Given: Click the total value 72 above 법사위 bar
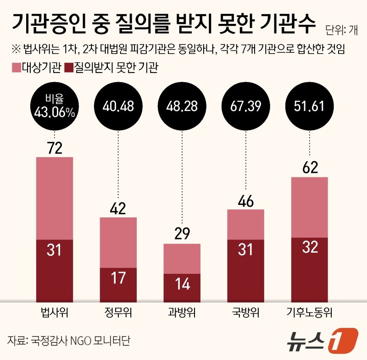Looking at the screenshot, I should [x=55, y=148].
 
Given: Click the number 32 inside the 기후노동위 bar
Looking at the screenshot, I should [x=310, y=248].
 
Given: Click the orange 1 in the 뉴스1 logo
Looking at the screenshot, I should [x=344, y=340].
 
